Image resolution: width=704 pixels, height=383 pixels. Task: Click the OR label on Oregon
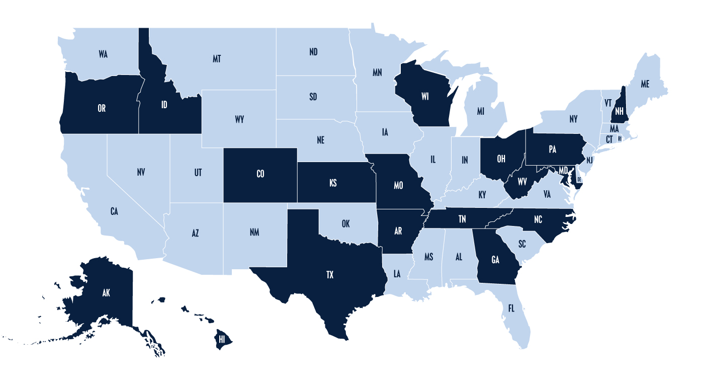[x=102, y=108]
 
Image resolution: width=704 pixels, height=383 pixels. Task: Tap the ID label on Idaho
[x=164, y=105]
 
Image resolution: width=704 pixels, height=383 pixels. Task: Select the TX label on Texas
[x=330, y=275]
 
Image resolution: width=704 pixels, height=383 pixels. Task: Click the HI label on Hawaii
[x=221, y=340]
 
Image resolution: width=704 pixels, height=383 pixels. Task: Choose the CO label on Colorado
[x=260, y=174]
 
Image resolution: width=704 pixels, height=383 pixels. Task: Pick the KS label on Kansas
[x=333, y=183]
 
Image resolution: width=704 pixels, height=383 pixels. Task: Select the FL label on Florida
[x=511, y=308]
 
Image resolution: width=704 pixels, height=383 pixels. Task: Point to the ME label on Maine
[x=645, y=85]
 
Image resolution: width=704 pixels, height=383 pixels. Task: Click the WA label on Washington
[x=103, y=54]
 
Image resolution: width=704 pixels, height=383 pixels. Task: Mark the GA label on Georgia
[x=495, y=260]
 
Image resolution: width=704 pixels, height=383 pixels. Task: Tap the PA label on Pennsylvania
[x=552, y=149]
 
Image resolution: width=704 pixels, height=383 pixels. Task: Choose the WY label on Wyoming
[x=239, y=120]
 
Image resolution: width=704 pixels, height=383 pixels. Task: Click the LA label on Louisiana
[x=397, y=274]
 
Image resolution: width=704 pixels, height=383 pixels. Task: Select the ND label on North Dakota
[x=313, y=52]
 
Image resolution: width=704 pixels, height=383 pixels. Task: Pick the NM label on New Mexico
[x=254, y=233]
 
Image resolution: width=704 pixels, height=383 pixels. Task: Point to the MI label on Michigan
[x=481, y=111]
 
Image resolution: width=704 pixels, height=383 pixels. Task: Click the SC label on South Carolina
[x=522, y=244]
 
